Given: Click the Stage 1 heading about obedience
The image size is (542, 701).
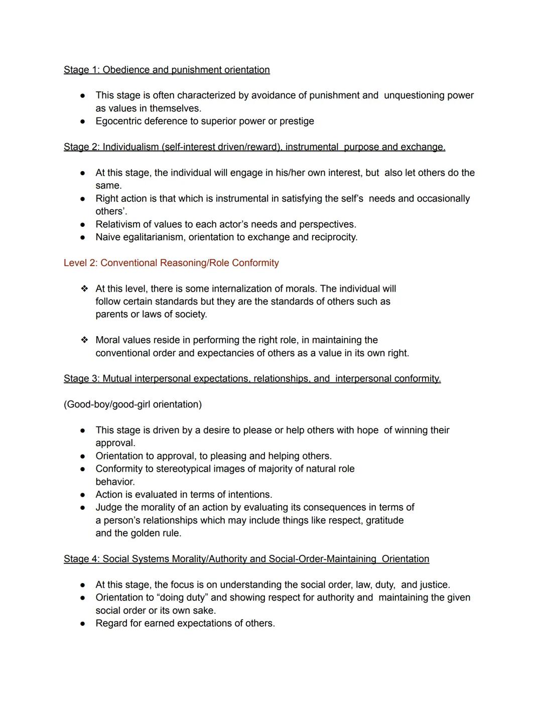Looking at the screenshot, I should pyautogui.click(x=167, y=70).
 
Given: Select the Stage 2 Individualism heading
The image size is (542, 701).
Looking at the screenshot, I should pyautogui.click(x=254, y=147).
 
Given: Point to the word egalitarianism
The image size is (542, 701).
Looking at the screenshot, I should pyautogui.click(x=154, y=237).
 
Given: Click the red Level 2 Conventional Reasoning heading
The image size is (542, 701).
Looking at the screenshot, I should pyautogui.click(x=171, y=263).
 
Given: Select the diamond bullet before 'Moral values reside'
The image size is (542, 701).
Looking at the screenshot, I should pyautogui.click(x=84, y=340).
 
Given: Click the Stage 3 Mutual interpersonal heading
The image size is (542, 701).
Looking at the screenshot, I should pyautogui.click(x=252, y=378).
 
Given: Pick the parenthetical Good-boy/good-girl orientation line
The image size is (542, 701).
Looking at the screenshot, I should pyautogui.click(x=132, y=404).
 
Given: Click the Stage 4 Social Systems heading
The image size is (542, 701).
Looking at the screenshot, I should pyautogui.click(x=246, y=559).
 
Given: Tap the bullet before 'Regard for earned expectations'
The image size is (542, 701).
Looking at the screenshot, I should pyautogui.click(x=82, y=624).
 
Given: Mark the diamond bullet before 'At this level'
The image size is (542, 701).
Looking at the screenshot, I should pyautogui.click(x=84, y=289).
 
